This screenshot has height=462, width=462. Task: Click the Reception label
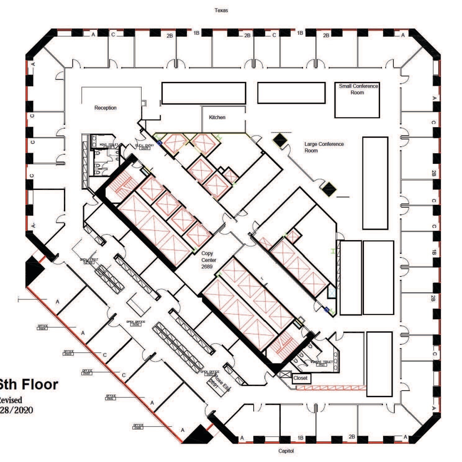[x=105, y=108]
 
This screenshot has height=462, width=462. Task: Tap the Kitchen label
[x=217, y=117]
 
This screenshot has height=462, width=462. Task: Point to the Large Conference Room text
[x=324, y=147]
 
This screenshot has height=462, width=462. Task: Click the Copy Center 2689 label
[x=208, y=260]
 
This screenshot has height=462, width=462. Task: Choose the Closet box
[x=300, y=378]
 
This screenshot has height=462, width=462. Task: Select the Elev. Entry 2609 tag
[x=145, y=147]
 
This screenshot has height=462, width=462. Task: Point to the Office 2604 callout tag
[x=43, y=327]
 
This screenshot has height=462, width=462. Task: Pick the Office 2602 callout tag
[x=87, y=372]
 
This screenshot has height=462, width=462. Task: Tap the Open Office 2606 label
[x=136, y=323]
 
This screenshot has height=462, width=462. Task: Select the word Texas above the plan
[x=221, y=11]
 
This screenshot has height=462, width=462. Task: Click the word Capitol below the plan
[x=286, y=451]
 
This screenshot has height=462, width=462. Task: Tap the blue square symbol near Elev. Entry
[x=159, y=142]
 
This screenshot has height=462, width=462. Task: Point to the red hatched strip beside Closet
[x=331, y=388]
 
